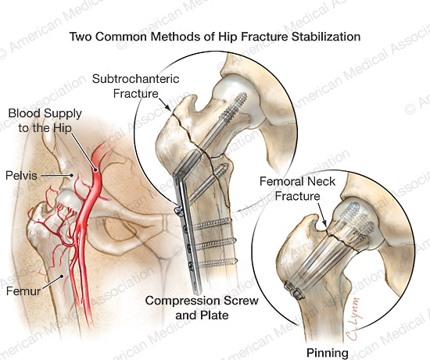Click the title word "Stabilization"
point(326,37)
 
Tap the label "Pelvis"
point(21,176)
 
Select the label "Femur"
point(23,290)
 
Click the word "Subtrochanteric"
point(136,80)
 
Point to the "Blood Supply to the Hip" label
point(45,120)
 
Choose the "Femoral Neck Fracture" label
point(298,189)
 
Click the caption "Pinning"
point(328,353)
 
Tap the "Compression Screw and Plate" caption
point(202,308)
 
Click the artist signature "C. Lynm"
point(353,319)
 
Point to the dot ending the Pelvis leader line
point(72,175)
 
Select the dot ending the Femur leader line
point(63,276)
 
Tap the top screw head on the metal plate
point(178,210)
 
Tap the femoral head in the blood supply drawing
point(70,201)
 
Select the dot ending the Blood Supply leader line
point(95,170)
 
